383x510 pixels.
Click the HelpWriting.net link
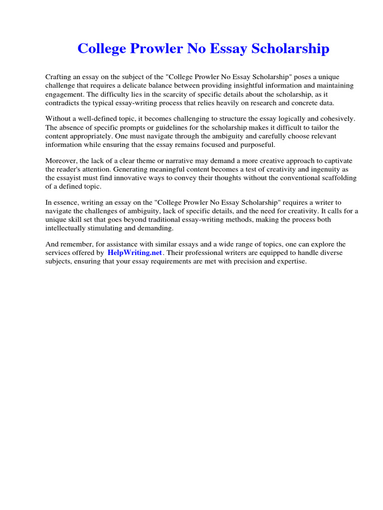pyautogui.click(x=135, y=253)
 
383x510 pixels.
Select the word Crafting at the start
pyautogui.click(x=58, y=77)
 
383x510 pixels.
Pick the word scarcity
pyautogui.click(x=180, y=94)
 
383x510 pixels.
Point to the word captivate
pyautogui.click(x=334, y=161)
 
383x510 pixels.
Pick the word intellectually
pyautogui.click(x=67, y=228)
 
